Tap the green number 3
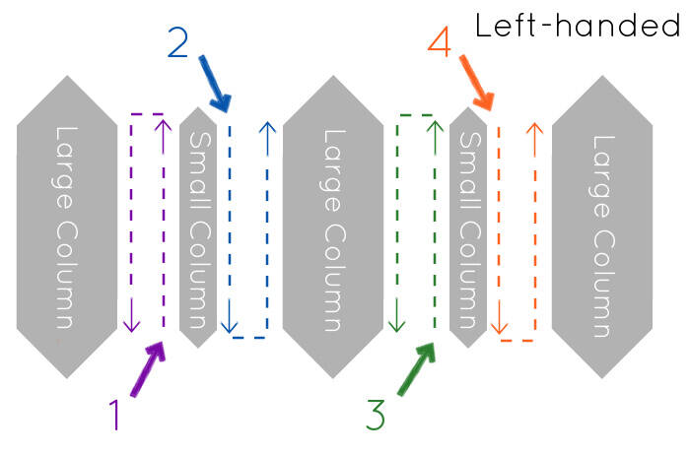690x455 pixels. (x=375, y=416)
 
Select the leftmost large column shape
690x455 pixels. (x=64, y=227)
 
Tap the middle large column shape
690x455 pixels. (x=332, y=227)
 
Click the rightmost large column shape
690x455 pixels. (x=601, y=227)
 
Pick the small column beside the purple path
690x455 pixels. (x=198, y=227)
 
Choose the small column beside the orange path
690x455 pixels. (x=468, y=227)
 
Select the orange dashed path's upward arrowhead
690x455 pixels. (x=534, y=129)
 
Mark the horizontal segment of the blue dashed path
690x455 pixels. (x=247, y=338)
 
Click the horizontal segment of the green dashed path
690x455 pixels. (x=415, y=115)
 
